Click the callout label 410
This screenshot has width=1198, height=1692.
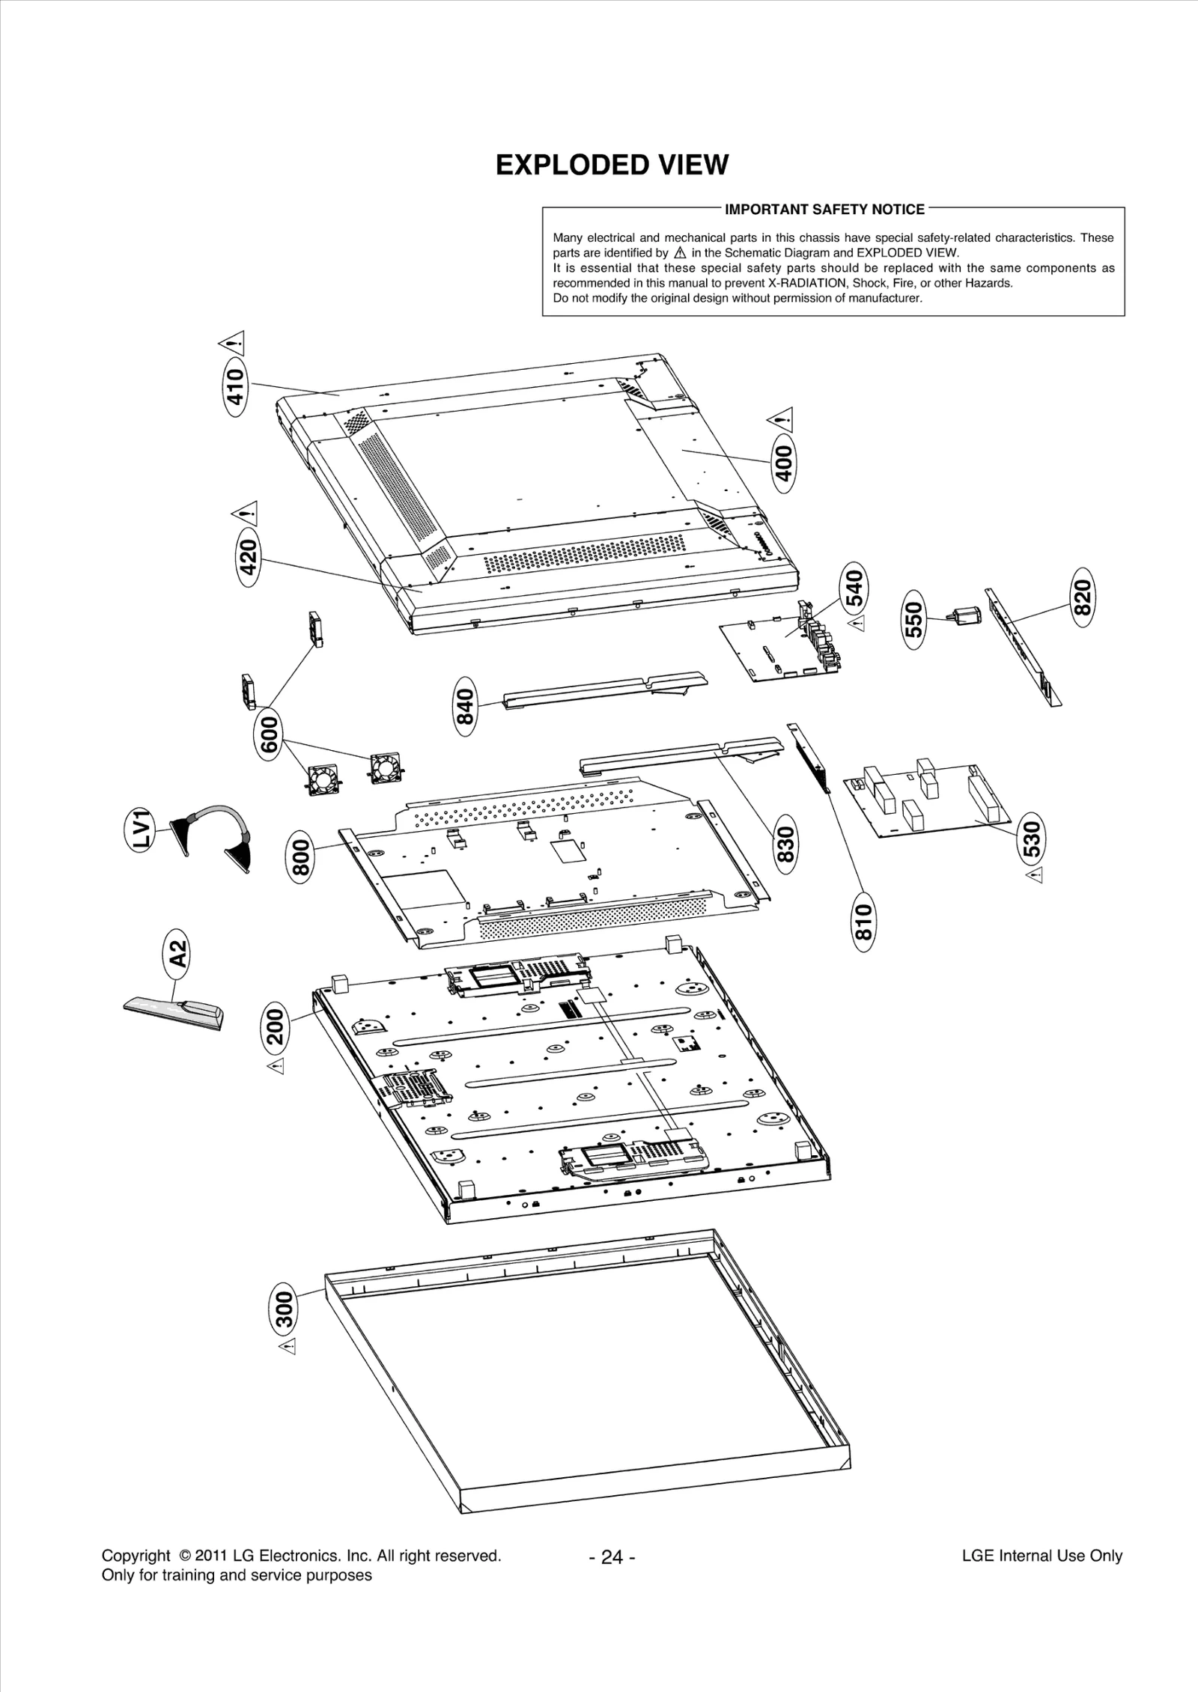coord(236,386)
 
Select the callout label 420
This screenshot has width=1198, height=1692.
coord(249,557)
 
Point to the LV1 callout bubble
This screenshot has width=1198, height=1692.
coord(140,828)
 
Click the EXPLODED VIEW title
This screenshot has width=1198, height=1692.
coord(612,165)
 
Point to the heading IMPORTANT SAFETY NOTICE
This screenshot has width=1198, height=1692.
coord(824,210)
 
